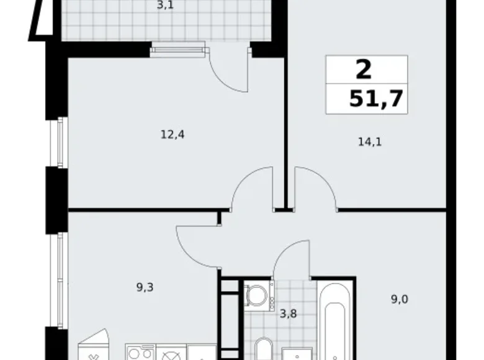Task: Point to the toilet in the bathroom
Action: tap(264, 349)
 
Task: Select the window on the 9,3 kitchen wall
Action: tap(61, 279)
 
